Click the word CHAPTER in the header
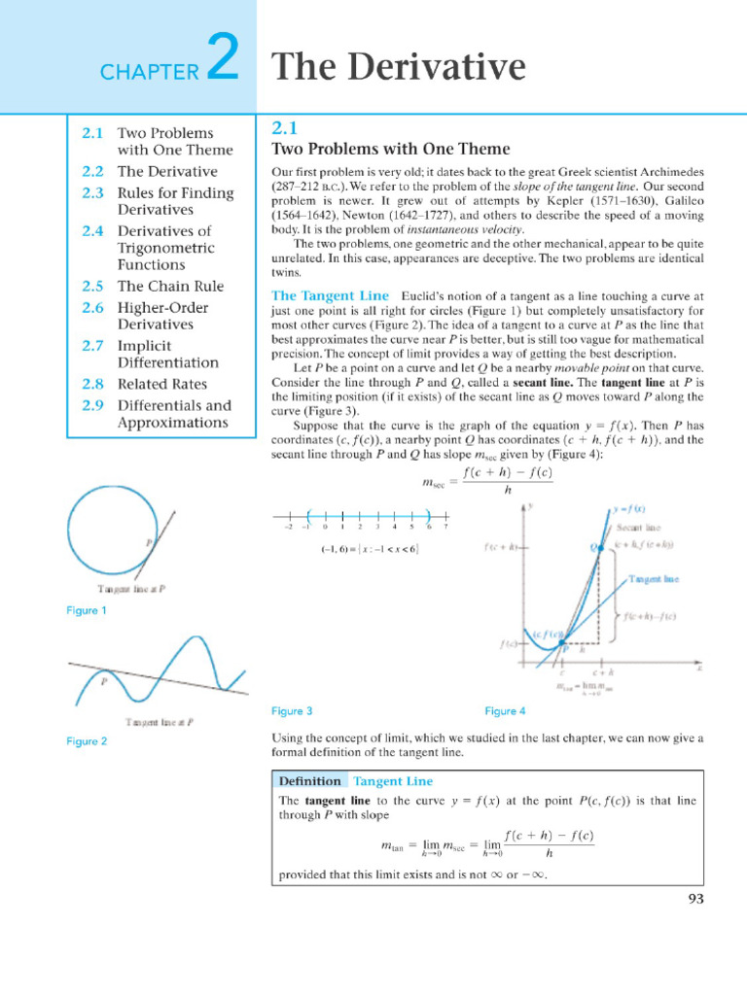pyautogui.click(x=148, y=71)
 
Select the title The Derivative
pyautogui.click(x=398, y=67)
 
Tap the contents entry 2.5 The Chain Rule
pyautogui.click(x=170, y=287)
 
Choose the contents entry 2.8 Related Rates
pyautogui.click(x=162, y=384)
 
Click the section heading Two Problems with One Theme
pyautogui.click(x=390, y=149)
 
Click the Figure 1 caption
pyautogui.click(x=86, y=610)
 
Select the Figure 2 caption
pyautogui.click(x=86, y=741)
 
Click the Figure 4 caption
pyautogui.click(x=506, y=711)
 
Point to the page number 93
pyautogui.click(x=694, y=899)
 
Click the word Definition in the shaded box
pyautogui.click(x=309, y=781)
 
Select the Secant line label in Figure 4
pyautogui.click(x=636, y=528)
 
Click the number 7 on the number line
pyautogui.click(x=445, y=527)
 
